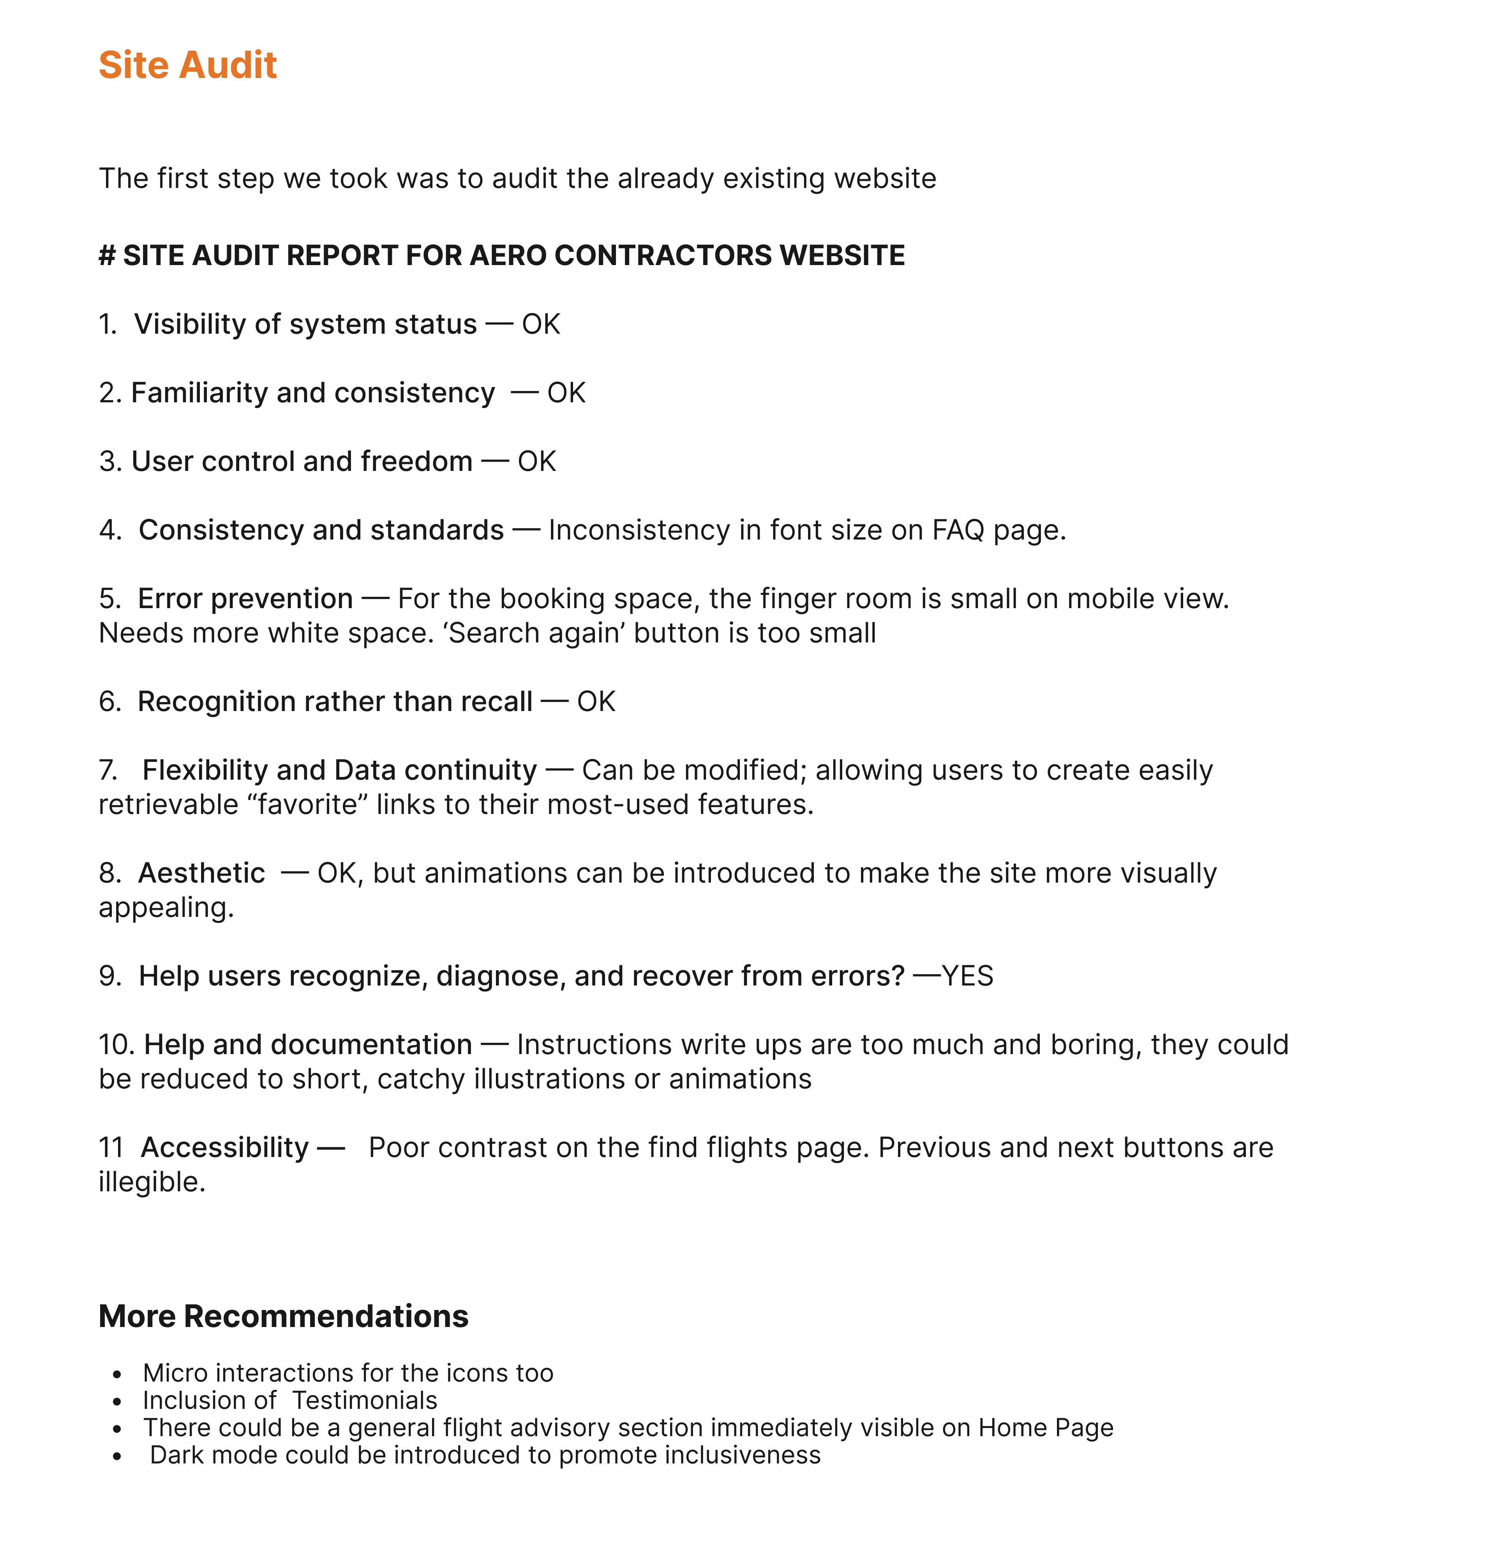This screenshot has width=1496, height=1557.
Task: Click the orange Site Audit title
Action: pos(187,65)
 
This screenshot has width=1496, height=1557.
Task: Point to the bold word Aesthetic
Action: pos(201,873)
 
